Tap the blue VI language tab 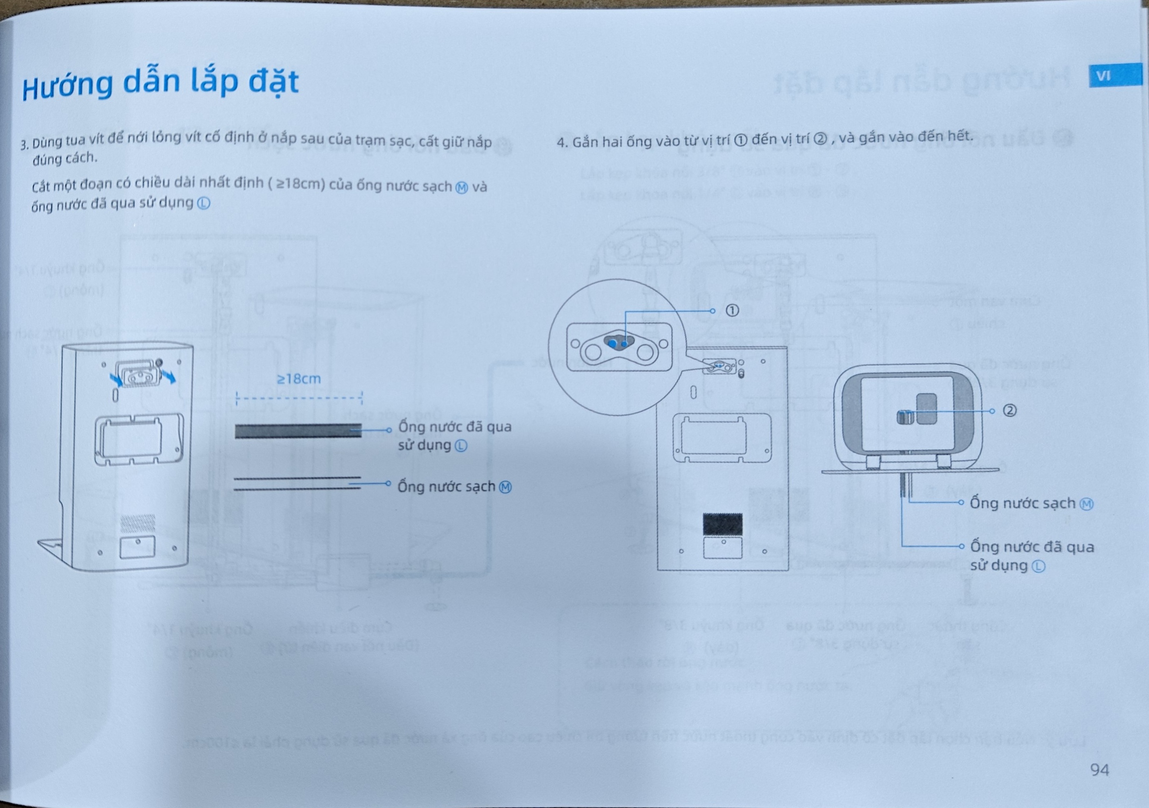[1115, 77]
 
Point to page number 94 [1099, 769]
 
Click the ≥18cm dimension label [299, 379]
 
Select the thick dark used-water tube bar [298, 431]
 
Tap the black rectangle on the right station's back [723, 524]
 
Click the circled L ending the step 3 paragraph [204, 204]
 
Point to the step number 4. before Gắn [563, 143]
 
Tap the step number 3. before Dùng [24, 145]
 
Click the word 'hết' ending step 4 [959, 135]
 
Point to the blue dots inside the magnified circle [618, 344]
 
